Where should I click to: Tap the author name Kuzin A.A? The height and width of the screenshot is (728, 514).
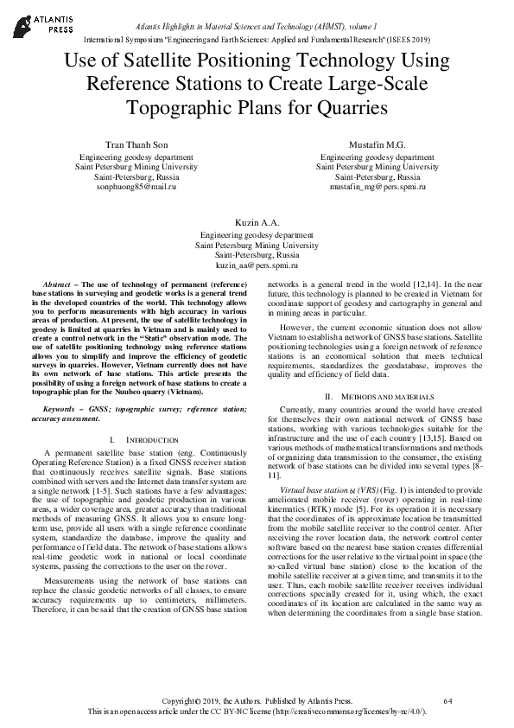pos(257,222)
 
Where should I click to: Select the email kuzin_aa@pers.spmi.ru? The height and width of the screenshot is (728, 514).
pos(257,265)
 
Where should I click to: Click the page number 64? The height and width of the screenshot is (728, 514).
pos(447,699)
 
